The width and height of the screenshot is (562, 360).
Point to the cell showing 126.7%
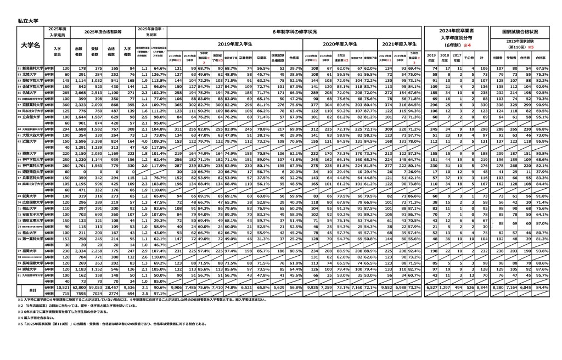158,74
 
